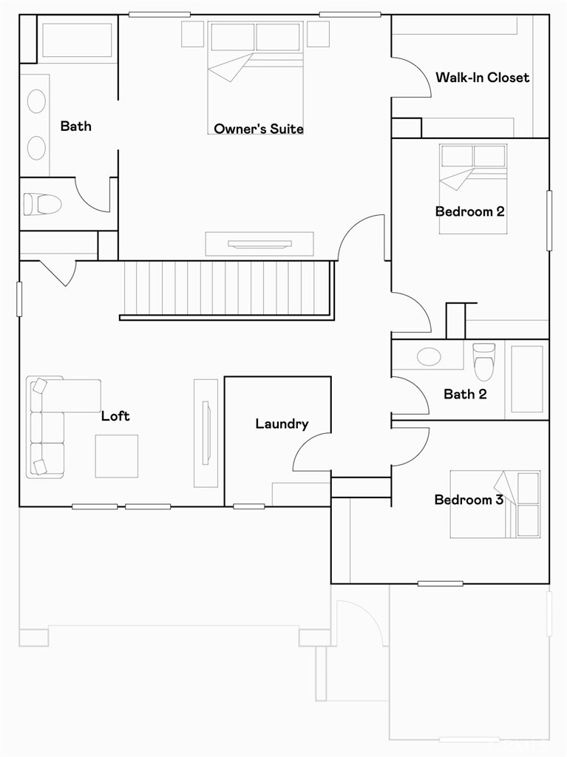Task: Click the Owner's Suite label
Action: tap(259, 129)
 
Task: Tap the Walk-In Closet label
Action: tap(482, 77)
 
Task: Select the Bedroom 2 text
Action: tap(470, 211)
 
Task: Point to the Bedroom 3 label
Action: tap(469, 499)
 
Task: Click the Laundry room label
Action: tap(282, 424)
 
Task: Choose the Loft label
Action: tap(115, 415)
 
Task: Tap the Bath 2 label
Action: tap(465, 394)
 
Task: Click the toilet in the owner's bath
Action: tap(42, 204)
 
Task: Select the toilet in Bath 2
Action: tap(484, 361)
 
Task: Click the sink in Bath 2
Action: tap(429, 357)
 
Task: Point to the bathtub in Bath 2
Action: tap(527, 379)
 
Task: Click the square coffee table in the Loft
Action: tap(116, 456)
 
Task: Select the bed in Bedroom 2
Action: tap(473, 189)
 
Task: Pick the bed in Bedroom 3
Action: tap(495, 504)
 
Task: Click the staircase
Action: tap(227, 290)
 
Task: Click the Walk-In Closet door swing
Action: tap(411, 77)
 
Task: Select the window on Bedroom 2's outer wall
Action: tap(549, 220)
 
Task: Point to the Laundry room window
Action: tap(248, 506)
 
